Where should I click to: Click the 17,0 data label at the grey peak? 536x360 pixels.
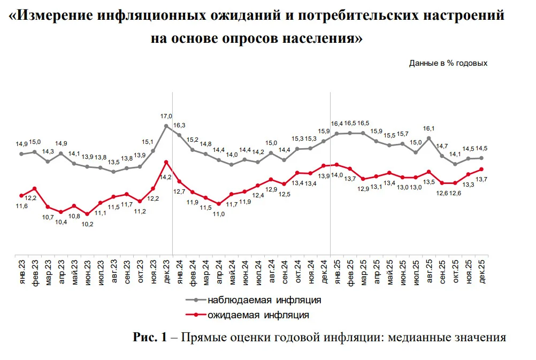point(166,116)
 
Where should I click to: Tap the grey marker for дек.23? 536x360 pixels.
point(166,126)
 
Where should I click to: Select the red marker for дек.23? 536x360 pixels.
point(166,162)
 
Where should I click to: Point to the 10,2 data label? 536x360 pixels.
point(87,224)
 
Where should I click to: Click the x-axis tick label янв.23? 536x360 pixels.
point(22,272)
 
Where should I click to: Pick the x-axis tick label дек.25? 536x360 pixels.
point(482,272)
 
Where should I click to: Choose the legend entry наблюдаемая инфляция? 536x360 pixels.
point(254,300)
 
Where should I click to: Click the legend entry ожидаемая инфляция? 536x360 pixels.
point(248,315)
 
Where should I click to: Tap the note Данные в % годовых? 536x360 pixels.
point(448,63)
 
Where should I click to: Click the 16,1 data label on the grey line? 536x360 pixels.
point(428,128)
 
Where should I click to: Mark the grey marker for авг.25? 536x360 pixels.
point(429,138)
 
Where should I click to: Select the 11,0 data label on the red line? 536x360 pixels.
point(219,214)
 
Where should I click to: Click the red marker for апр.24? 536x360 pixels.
point(219,204)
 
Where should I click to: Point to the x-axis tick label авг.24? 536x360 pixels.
point(272,272)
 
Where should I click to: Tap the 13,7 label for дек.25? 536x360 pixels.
point(481,179)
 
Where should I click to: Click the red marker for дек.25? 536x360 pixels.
point(481,169)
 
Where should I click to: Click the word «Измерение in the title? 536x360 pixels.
point(51,16)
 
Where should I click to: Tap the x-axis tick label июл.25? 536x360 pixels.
point(416,272)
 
